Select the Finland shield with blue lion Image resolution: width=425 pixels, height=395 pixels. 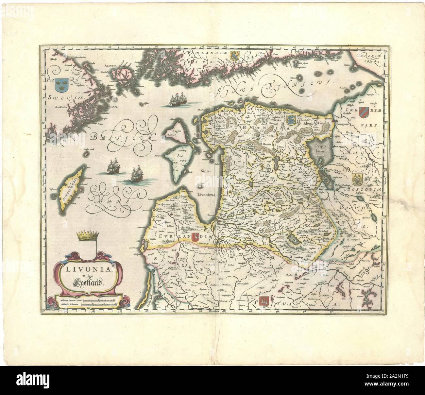[x=235, y=54]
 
